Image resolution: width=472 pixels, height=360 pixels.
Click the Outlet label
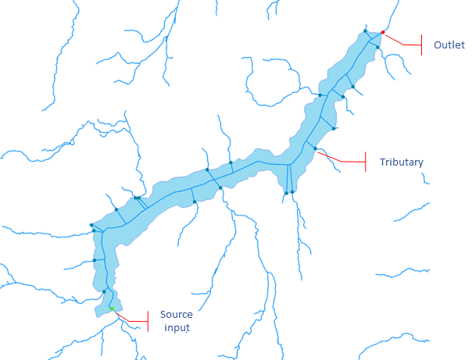point(449,45)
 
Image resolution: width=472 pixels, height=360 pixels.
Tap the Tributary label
point(401,162)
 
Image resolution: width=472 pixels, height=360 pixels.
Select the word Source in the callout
point(176,315)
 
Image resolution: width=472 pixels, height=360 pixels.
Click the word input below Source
point(173,327)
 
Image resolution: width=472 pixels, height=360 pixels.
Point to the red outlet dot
point(383,32)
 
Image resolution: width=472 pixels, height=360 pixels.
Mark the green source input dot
point(112,309)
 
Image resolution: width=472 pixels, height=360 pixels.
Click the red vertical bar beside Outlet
point(421,44)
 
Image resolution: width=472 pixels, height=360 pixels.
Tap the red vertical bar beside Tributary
point(366,162)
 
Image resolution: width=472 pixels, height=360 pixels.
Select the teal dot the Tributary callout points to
point(315,147)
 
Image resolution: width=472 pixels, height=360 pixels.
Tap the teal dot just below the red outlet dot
point(377,48)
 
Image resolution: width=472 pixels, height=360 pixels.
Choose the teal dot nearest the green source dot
point(104,292)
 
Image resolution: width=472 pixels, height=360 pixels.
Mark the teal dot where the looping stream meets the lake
point(320,95)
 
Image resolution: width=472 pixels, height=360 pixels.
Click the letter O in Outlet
point(438,45)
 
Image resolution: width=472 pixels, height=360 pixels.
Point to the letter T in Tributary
point(382,162)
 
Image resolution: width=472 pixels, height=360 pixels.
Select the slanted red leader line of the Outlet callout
point(402,41)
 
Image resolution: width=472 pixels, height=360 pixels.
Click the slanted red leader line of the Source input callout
point(130,316)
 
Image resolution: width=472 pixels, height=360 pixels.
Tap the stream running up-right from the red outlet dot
point(392,16)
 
